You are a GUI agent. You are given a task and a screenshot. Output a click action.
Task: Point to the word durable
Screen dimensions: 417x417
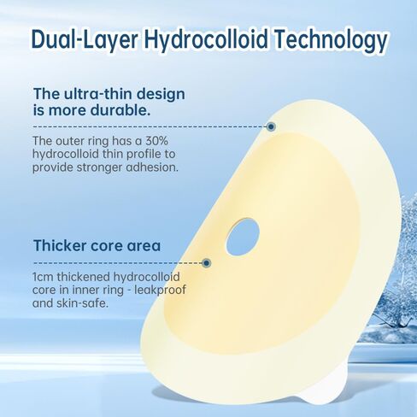click(x=120, y=110)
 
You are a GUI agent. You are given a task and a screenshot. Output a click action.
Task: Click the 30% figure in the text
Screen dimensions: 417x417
click(x=156, y=140)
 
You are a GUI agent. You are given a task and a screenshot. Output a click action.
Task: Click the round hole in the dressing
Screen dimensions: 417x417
click(x=243, y=237)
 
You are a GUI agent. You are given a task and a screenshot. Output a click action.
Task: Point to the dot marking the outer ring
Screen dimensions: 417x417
click(x=271, y=126)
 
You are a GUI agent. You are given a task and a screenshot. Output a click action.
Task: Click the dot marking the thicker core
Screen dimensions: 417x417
click(x=207, y=263)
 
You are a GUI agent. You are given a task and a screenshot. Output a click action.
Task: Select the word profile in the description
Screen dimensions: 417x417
click(x=144, y=154)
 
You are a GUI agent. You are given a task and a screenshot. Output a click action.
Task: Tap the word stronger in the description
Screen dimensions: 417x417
click(x=99, y=167)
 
